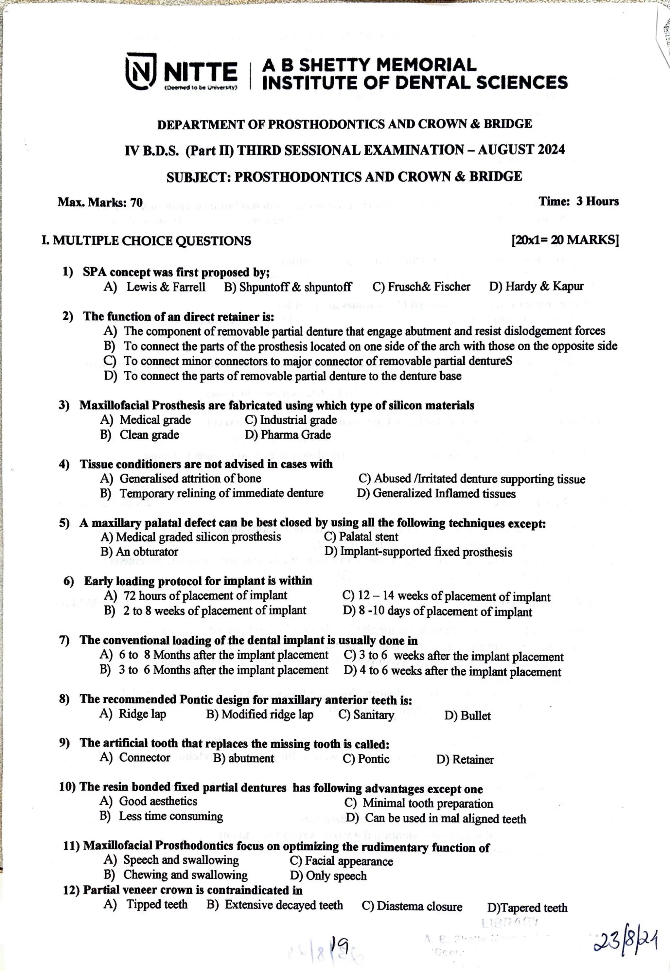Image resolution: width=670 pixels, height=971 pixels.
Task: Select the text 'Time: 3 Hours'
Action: point(578,201)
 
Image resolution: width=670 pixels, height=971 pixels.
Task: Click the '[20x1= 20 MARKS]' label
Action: point(565,240)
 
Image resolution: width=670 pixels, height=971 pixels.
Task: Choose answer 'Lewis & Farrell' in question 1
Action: point(166,287)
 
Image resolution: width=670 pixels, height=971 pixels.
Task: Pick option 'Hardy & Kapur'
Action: point(544,286)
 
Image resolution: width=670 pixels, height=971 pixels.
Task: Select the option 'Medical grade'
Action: point(155,420)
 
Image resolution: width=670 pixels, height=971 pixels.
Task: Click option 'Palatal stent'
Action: point(368,537)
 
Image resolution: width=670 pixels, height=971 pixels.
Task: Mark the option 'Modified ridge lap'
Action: point(267,715)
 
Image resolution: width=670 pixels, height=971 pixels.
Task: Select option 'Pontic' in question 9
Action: point(373,759)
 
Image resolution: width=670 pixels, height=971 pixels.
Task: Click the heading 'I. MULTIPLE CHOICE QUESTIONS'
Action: point(147,241)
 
